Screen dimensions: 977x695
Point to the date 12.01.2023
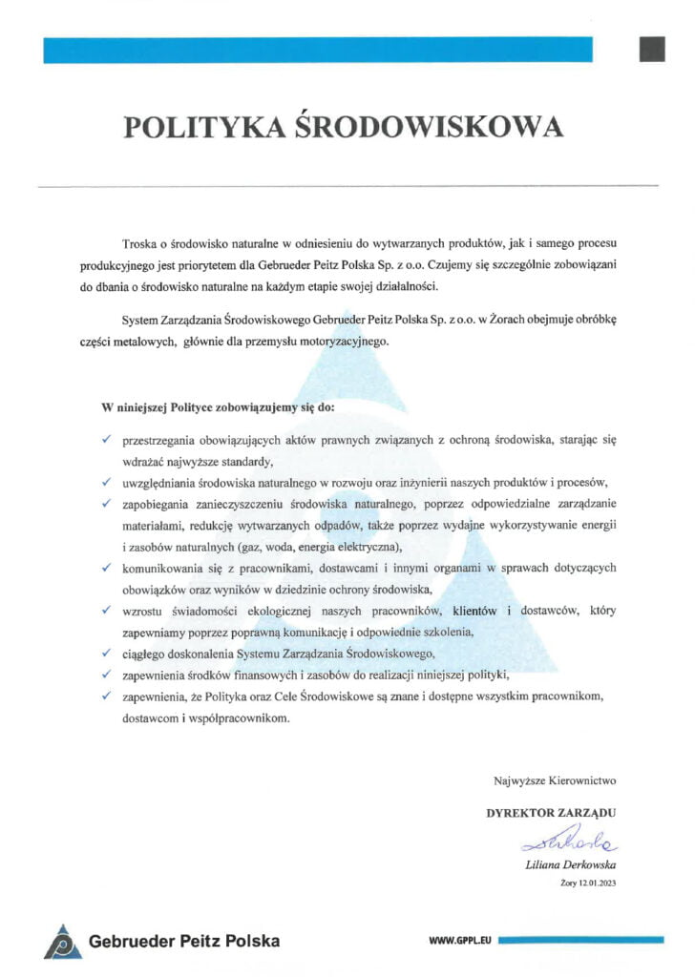597,883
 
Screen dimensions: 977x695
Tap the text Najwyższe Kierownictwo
555,780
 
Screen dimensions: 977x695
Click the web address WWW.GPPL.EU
461,941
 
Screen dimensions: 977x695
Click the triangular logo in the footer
62,941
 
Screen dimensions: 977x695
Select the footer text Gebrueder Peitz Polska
184,941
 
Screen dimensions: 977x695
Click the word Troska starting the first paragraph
140,246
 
